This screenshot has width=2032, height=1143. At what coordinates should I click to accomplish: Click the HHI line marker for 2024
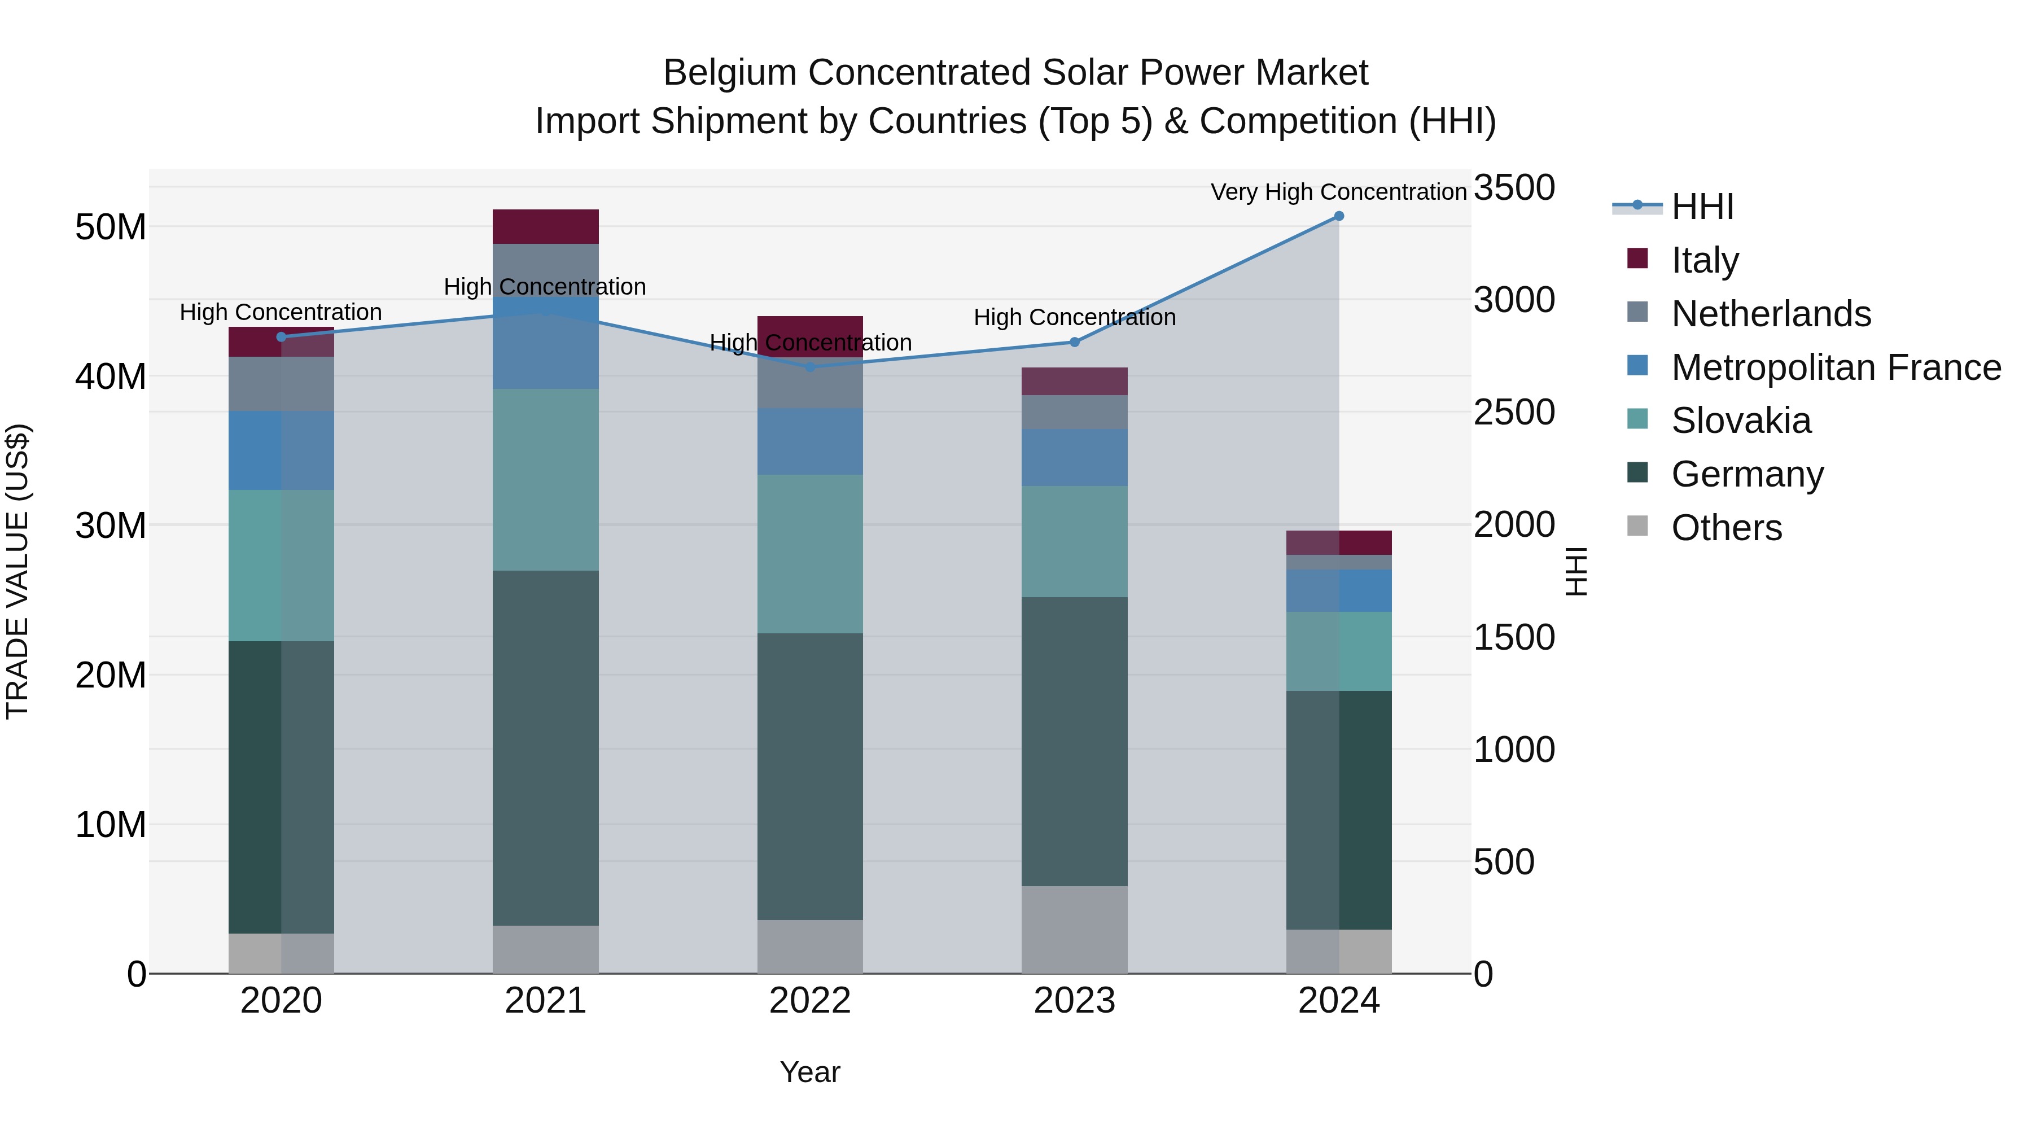click(1339, 216)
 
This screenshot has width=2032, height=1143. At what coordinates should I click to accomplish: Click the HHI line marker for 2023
click(1074, 343)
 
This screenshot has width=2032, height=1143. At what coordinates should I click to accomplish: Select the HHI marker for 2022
click(810, 367)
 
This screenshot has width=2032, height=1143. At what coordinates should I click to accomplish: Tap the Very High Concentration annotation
click(1339, 192)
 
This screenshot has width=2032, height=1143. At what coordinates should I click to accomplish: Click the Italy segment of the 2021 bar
click(546, 226)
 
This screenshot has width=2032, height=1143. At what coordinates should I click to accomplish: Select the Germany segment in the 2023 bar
click(1074, 742)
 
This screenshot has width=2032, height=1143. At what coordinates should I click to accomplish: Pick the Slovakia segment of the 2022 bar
click(810, 554)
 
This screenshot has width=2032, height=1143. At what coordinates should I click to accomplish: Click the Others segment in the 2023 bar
click(1074, 929)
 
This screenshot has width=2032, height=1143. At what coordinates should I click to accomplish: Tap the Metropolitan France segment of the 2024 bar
click(1339, 591)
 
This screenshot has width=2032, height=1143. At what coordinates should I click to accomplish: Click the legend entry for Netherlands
click(1771, 314)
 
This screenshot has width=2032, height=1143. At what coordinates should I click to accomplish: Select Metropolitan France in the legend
click(1836, 367)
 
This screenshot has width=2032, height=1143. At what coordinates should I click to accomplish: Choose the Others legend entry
click(1726, 528)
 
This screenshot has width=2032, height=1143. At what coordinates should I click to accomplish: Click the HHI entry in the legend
click(1702, 207)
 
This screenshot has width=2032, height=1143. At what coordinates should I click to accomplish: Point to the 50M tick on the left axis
click(111, 227)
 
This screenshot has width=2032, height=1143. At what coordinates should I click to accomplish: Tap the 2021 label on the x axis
click(546, 1001)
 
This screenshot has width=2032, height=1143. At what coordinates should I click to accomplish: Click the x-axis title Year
click(810, 1072)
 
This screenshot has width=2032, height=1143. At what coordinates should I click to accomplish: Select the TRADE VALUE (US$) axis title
click(17, 571)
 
